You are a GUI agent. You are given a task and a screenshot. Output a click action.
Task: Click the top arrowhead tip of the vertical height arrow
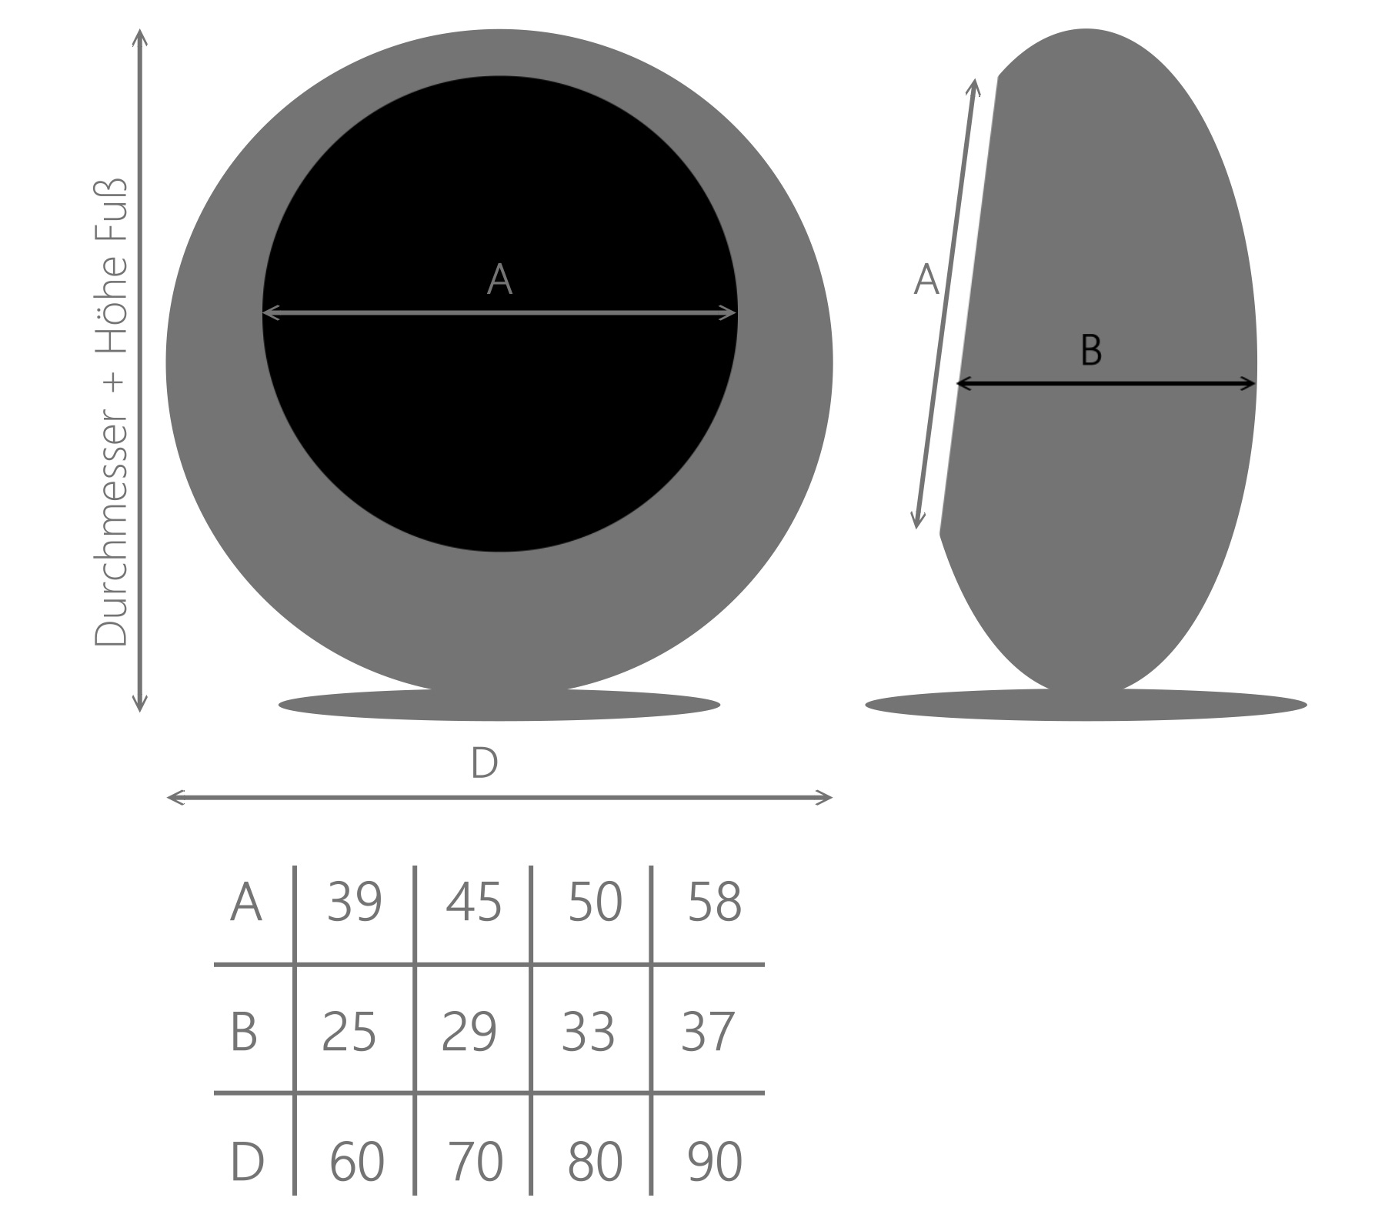tap(139, 30)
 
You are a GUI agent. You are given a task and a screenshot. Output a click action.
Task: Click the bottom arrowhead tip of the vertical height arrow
tap(139, 712)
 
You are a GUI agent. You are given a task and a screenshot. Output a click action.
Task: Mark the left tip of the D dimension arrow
tap(167, 798)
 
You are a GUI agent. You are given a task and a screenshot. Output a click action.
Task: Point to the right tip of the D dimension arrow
tap(833, 798)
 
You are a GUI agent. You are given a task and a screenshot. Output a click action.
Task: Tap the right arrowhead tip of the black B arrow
tap(1257, 383)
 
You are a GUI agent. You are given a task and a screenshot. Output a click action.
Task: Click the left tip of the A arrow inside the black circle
tap(262, 312)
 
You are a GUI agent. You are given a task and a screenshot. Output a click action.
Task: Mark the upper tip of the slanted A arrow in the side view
tap(976, 78)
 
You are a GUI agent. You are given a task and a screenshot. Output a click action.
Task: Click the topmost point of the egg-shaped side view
tap(1086, 29)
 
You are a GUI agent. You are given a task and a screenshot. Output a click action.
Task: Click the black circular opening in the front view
tap(500, 314)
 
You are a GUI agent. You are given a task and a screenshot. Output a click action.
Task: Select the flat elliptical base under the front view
tap(499, 704)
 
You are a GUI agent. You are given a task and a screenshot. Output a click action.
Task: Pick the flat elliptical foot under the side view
tap(1086, 704)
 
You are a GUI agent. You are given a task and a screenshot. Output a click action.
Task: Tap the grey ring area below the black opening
tap(500, 619)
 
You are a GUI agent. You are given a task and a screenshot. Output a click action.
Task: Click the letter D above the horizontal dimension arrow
tap(484, 763)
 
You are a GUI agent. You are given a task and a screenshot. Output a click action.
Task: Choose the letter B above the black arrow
tap(1091, 350)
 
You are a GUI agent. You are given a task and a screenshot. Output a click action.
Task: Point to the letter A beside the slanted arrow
tap(926, 279)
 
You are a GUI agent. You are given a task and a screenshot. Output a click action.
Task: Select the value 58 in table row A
tap(714, 901)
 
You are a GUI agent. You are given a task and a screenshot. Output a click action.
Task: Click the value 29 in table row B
tap(469, 1032)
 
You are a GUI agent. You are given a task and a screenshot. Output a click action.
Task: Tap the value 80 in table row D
tap(595, 1161)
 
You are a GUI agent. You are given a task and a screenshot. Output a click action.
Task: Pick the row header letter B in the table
tap(244, 1032)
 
